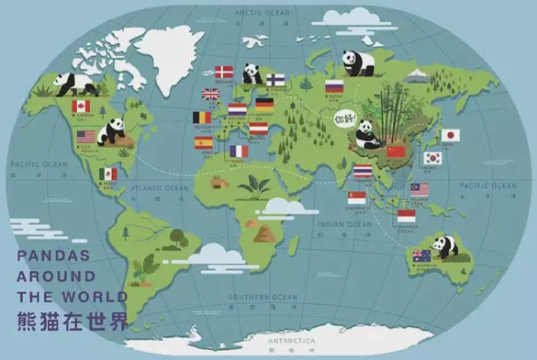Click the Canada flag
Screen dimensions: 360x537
pyautogui.click(x=81, y=106)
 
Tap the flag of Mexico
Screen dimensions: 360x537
pyautogui.click(x=108, y=174)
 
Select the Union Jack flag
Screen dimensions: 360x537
pyautogui.click(x=210, y=94)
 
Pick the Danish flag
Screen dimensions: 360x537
pyautogui.click(x=224, y=72)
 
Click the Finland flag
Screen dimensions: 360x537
pyautogui.click(x=275, y=79)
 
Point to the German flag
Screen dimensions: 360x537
pyautogui.click(x=264, y=104)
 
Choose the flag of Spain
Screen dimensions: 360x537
pyautogui.click(x=203, y=143)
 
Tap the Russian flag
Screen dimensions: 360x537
pyautogui.click(x=334, y=87)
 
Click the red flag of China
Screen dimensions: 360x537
pyautogui.click(x=395, y=151)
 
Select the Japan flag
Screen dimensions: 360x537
pyautogui.click(x=450, y=135)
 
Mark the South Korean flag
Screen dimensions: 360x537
pyautogui.click(x=433, y=158)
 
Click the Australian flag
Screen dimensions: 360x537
pyautogui.click(x=421, y=256)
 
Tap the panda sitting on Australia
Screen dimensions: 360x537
pyautogui.click(x=444, y=246)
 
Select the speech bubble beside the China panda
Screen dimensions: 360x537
pyautogui.click(x=345, y=118)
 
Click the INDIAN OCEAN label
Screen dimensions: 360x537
pyautogui.click(x=344, y=224)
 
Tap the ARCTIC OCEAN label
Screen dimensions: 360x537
pyautogui.click(x=262, y=13)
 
